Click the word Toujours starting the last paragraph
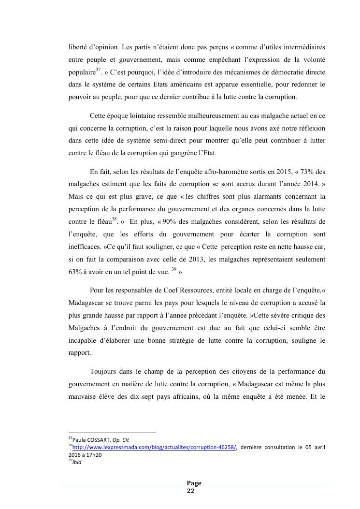103,372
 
